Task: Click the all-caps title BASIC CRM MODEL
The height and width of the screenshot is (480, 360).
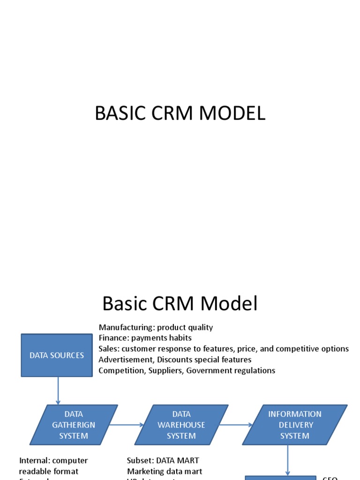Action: click(x=180, y=113)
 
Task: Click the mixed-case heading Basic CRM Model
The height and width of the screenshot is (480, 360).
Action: click(x=180, y=304)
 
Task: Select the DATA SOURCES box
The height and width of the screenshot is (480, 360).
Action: click(x=57, y=355)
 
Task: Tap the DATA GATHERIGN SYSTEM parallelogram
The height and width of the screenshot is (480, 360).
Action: click(x=74, y=425)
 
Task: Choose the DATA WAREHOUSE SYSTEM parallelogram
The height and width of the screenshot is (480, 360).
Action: click(x=181, y=425)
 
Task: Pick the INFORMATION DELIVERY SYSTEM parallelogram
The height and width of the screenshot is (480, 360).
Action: click(x=294, y=425)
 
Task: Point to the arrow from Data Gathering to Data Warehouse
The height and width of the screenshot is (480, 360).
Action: click(x=127, y=425)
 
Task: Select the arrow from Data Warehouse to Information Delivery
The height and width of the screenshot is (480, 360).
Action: click(x=236, y=425)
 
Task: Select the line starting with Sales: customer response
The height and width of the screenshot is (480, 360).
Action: click(x=224, y=349)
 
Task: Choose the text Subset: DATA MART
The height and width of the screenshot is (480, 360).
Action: click(x=163, y=460)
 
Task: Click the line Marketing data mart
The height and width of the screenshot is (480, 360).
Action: click(x=164, y=471)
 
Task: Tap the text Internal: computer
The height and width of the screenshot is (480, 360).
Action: click(x=53, y=460)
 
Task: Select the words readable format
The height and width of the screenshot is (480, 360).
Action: click(x=48, y=471)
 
